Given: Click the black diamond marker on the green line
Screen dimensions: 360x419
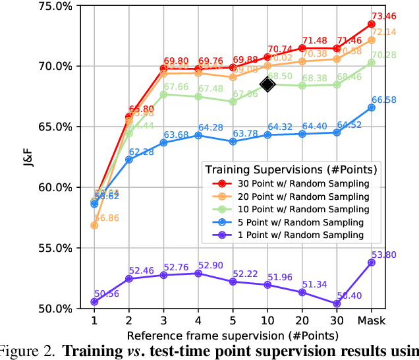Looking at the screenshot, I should click(x=267, y=84).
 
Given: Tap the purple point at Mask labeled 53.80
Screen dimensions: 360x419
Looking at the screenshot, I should click(x=372, y=262).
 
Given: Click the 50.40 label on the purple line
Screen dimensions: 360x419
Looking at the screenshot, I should click(x=349, y=295).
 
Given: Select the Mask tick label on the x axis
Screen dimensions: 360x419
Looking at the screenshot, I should click(x=372, y=320).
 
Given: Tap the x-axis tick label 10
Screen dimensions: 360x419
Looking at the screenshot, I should click(x=267, y=320).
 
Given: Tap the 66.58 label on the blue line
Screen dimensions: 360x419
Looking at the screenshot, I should click(x=383, y=100).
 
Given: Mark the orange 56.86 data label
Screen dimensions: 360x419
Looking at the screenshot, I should click(x=107, y=218).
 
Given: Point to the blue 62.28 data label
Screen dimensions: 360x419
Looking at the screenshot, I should click(x=141, y=152).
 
